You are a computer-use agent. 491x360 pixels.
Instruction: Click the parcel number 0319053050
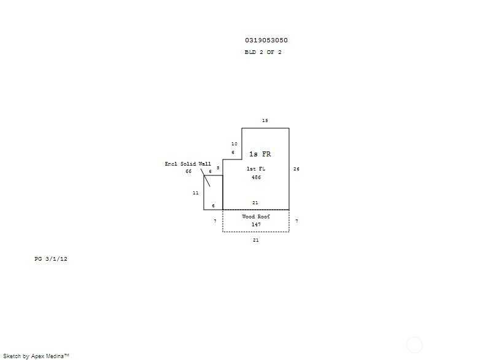tap(266, 40)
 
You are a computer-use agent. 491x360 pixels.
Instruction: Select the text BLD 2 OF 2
tap(263, 52)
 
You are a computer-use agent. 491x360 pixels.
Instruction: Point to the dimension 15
tap(265, 120)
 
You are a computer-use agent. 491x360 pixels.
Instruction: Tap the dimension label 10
tap(234, 144)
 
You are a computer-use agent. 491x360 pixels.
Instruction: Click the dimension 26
tap(296, 169)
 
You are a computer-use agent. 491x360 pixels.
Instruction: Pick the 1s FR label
tap(260, 154)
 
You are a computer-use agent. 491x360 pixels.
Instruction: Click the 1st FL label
tap(256, 169)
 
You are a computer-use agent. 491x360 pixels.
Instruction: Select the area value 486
tap(256, 177)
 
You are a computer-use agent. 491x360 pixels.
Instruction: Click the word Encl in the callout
tap(171, 164)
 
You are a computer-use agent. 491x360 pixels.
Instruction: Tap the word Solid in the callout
tap(188, 164)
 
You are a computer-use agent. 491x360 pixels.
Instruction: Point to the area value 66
tap(188, 171)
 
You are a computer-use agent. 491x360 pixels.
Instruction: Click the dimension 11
tap(196, 193)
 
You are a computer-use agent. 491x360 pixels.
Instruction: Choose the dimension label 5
tap(218, 168)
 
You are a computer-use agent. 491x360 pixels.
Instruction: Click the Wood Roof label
tap(256, 216)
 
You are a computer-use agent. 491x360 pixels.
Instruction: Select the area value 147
tap(256, 224)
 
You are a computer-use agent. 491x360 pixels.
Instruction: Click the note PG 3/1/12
tap(51, 259)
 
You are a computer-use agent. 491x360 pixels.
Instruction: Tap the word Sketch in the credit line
tap(12, 356)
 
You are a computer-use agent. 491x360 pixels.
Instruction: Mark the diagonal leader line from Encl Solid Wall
tap(206, 178)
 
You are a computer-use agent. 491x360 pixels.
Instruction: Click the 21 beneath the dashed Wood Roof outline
tap(256, 240)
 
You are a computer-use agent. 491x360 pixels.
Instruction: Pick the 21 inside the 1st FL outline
tap(255, 203)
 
